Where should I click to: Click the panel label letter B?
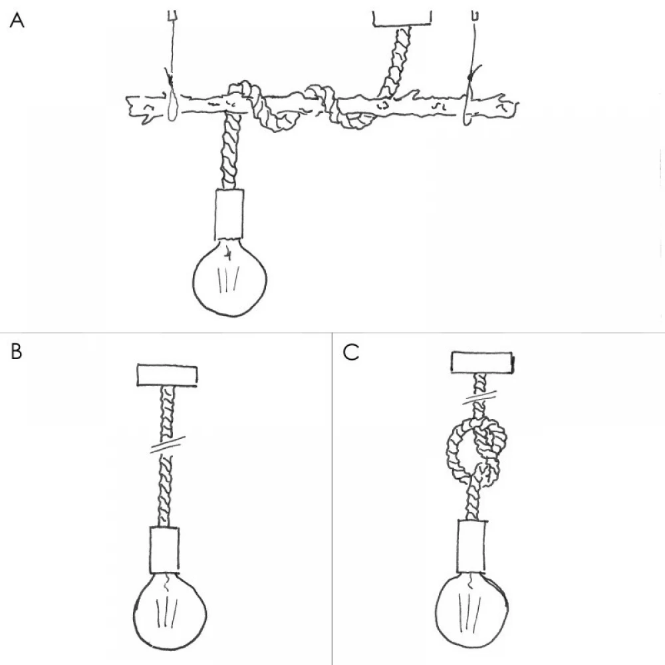pyautogui.click(x=17, y=352)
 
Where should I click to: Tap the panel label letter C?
pyautogui.click(x=351, y=352)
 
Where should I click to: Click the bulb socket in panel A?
pyautogui.click(x=229, y=214)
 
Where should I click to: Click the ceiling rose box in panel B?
pyautogui.click(x=168, y=374)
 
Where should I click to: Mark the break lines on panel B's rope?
pyautogui.click(x=166, y=446)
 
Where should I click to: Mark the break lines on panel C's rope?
pyautogui.click(x=481, y=398)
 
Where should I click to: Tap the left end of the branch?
pyautogui.click(x=130, y=106)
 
